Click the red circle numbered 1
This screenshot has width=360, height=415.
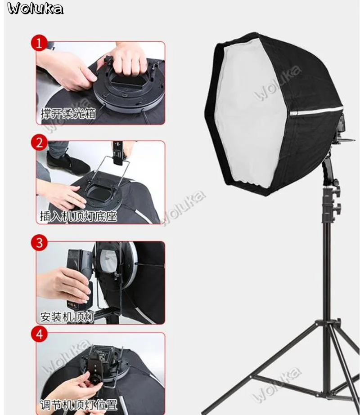coord(39,43)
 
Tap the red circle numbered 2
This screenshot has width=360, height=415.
coord(39,143)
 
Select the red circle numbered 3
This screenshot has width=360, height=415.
coord(39,243)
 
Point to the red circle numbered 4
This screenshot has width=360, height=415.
coord(39,334)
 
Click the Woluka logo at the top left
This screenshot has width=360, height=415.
coord(35,8)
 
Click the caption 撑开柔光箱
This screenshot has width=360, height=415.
coord(68,114)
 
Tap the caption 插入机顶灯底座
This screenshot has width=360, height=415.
coord(78,216)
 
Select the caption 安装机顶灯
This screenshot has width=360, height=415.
coord(67,317)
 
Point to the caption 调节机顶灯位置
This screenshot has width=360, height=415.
coord(78,405)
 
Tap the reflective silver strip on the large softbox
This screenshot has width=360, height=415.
coord(316,111)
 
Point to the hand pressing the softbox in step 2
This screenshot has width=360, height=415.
coord(62,195)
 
